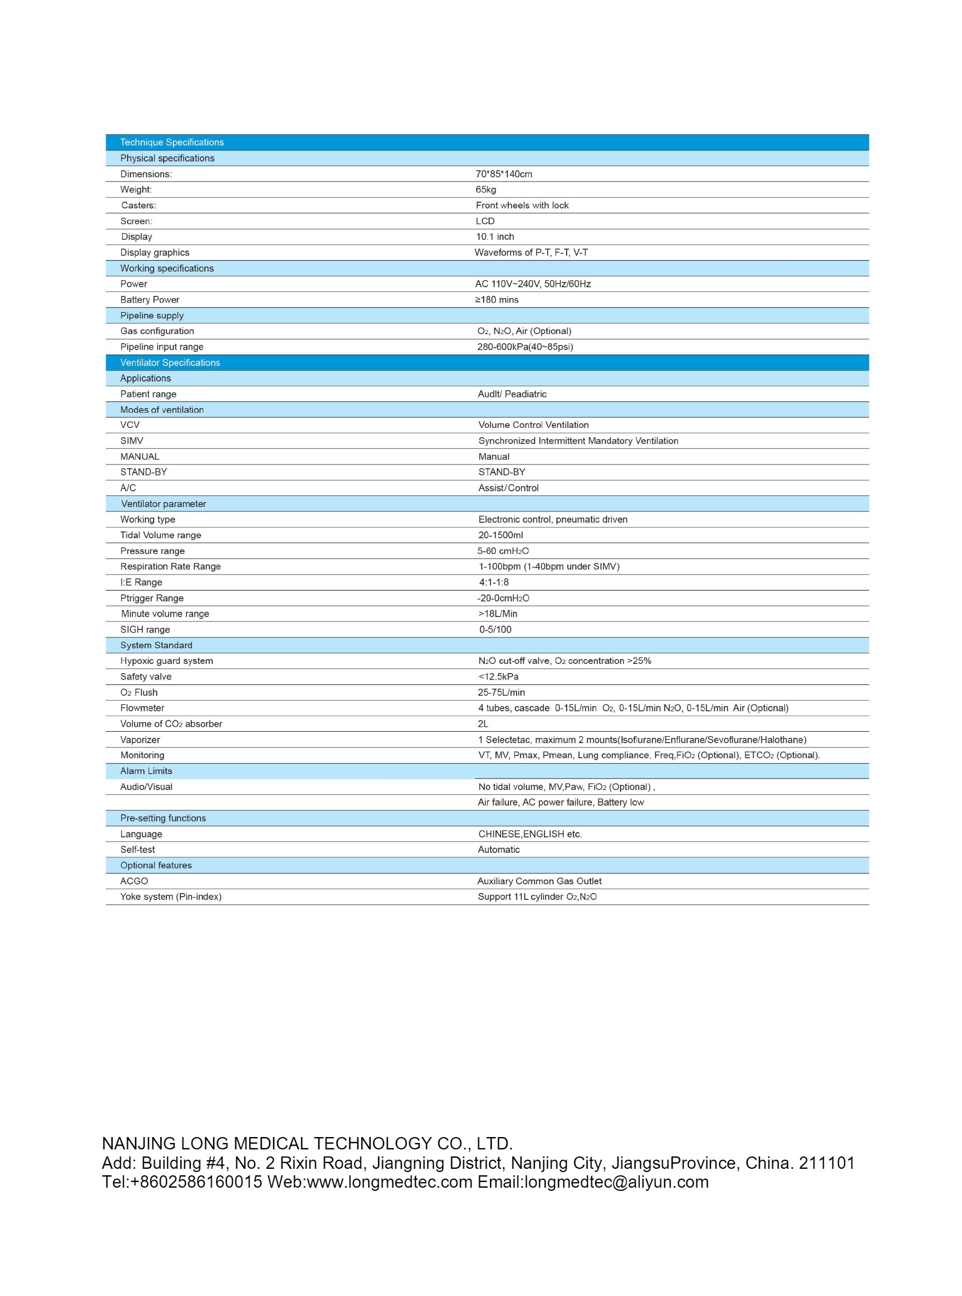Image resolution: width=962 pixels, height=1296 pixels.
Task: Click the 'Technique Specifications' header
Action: [172, 142]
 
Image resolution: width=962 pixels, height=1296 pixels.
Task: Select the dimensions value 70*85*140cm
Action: [504, 174]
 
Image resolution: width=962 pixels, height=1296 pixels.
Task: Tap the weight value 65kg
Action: [486, 190]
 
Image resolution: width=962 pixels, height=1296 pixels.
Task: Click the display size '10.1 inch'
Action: [495, 237]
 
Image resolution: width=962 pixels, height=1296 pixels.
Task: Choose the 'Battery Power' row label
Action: [150, 300]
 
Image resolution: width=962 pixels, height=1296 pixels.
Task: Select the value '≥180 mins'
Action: [497, 300]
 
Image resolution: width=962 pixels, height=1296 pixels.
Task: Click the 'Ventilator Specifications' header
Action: [170, 363]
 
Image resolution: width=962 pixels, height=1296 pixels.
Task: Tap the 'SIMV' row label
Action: [131, 441]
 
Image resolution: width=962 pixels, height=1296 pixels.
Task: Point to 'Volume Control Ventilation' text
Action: [533, 425]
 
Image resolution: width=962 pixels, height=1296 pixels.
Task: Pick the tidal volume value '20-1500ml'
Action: [501, 535]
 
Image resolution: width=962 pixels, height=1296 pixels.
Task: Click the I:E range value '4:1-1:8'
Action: [494, 583]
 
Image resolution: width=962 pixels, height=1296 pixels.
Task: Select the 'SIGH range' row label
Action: [145, 629]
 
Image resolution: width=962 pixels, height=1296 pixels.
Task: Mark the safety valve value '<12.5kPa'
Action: [498, 677]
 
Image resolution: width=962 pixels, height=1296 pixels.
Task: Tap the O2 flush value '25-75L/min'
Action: [501, 692]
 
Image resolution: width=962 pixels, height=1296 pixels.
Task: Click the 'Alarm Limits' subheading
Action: [146, 771]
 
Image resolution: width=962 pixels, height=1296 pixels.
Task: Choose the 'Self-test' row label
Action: [137, 850]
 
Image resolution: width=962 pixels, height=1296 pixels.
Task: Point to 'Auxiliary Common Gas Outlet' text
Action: [539, 881]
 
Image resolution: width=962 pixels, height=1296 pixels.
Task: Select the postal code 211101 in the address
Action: [827, 1162]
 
